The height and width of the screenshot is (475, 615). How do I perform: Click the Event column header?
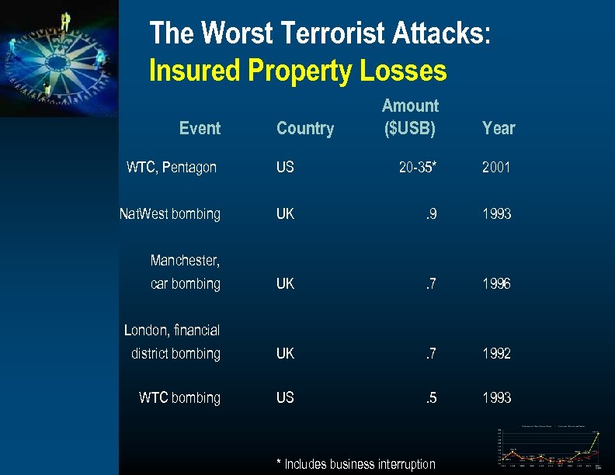click(200, 129)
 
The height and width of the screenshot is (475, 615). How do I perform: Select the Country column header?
click(305, 129)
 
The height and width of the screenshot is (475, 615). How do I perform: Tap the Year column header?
click(499, 129)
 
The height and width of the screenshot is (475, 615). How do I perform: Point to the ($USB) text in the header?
click(410, 129)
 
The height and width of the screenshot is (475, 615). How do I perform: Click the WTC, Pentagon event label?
click(172, 167)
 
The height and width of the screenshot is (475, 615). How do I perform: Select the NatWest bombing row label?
click(170, 213)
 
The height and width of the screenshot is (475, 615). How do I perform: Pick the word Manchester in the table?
click(185, 260)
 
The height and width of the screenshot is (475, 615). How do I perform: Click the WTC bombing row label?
click(179, 397)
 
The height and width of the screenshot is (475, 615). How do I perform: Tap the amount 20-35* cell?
click(418, 167)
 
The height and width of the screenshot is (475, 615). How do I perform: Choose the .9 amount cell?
click(430, 213)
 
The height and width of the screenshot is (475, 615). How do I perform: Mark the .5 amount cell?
click(430, 397)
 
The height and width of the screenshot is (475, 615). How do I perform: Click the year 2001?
click(496, 167)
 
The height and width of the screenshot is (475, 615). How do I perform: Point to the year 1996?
click(496, 284)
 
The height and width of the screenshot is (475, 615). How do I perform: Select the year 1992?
click(496, 353)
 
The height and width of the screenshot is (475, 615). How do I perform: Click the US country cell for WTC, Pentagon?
click(285, 167)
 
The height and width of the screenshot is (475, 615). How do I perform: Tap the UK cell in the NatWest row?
click(285, 213)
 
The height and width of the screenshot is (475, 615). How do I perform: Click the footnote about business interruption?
click(356, 464)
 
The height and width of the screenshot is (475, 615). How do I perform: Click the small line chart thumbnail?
click(550, 448)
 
